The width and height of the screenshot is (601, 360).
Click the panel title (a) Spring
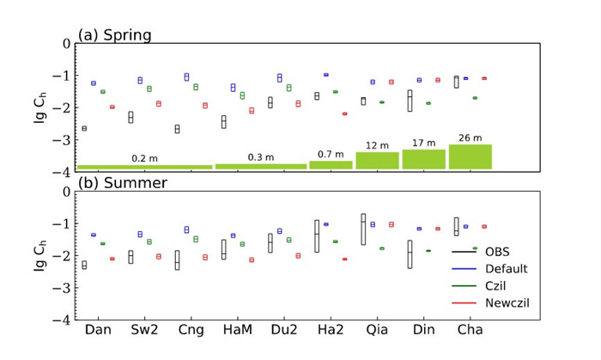point(114,35)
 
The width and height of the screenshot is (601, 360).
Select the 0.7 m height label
point(331,155)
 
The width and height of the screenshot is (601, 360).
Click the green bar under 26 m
point(470,156)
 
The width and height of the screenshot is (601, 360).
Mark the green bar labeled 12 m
point(377,160)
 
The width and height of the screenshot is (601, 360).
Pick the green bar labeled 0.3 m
point(260,166)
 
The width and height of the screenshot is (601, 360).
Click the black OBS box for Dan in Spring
point(84,128)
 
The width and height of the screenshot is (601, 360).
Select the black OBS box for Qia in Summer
point(362,229)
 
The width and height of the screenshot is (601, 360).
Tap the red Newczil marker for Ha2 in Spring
point(344,113)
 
